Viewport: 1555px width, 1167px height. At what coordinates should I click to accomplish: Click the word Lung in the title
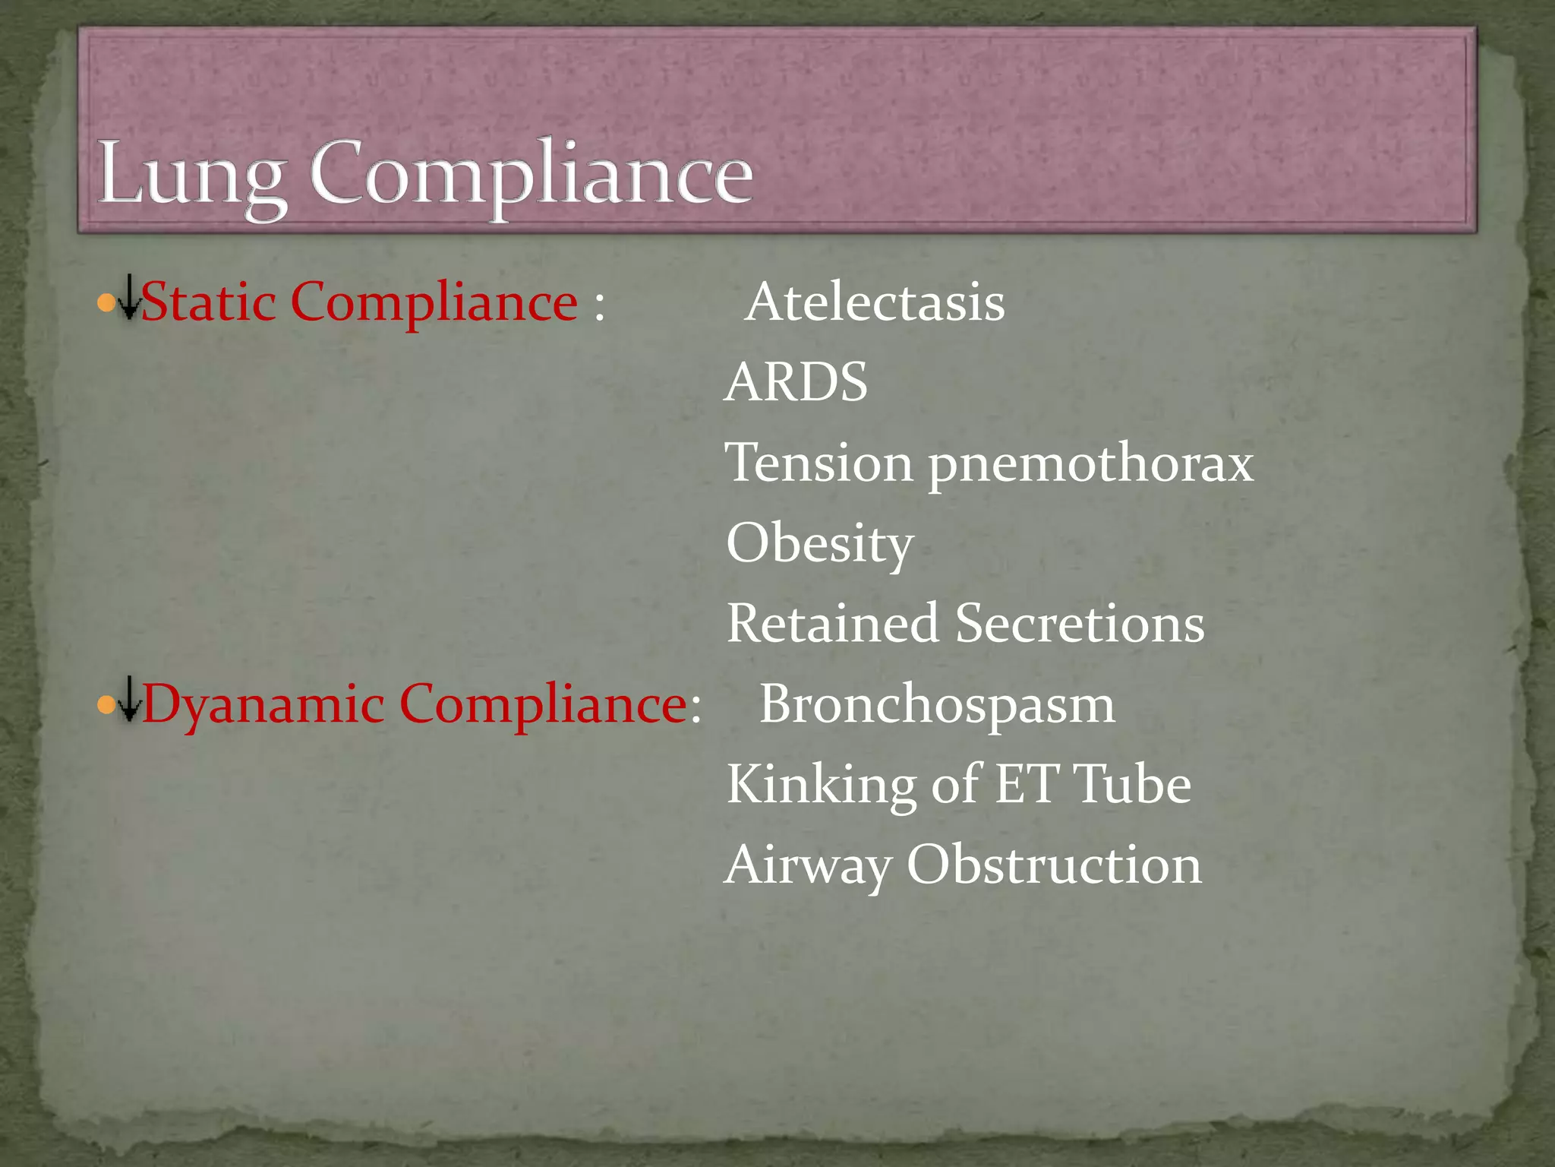point(191,175)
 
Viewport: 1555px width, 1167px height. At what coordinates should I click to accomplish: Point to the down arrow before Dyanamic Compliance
point(130,698)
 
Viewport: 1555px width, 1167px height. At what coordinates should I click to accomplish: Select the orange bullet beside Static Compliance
point(106,305)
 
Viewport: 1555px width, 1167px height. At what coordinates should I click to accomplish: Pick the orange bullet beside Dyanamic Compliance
point(106,707)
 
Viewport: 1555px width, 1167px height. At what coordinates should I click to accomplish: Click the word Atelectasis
point(875,303)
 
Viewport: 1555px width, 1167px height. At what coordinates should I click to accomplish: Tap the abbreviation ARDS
point(796,382)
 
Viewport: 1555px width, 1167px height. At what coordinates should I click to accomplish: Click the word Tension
point(819,463)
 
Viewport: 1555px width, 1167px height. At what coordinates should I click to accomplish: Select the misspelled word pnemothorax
point(1091,464)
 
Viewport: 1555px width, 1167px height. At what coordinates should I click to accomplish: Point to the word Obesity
point(820,544)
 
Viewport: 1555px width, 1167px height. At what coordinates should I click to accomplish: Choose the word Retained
point(832,623)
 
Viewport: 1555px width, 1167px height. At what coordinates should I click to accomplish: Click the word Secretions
point(1080,623)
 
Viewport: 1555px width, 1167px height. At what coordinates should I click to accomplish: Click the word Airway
point(808,866)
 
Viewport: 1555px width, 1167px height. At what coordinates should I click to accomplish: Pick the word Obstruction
point(1055,865)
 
